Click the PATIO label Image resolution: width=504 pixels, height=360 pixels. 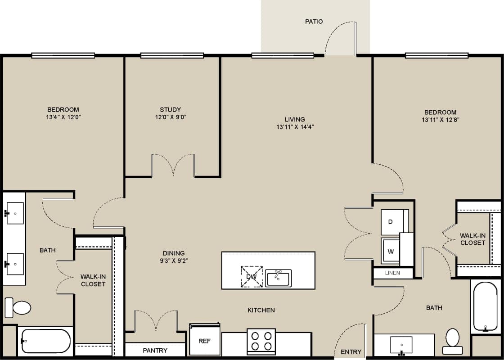coord(314,21)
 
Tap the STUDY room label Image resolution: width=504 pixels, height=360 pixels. coord(170,109)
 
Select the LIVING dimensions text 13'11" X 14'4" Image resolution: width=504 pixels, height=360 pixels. coord(295,127)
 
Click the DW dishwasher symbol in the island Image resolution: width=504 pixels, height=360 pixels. coord(251,277)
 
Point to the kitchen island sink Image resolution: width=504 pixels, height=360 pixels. coord(278,278)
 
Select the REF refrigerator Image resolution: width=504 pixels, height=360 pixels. coord(204,340)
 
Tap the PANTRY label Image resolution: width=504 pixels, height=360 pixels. coord(155,350)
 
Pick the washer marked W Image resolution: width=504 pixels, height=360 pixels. coord(391,251)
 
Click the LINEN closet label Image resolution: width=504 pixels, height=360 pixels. coord(392,273)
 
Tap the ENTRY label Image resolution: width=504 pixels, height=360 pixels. coord(351,351)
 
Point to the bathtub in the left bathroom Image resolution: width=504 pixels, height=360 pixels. coord(45,341)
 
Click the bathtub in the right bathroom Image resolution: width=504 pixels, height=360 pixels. coord(486,306)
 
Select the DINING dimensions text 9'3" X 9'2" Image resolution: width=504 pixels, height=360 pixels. coord(174,260)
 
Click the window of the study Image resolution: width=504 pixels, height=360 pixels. coord(172,55)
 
